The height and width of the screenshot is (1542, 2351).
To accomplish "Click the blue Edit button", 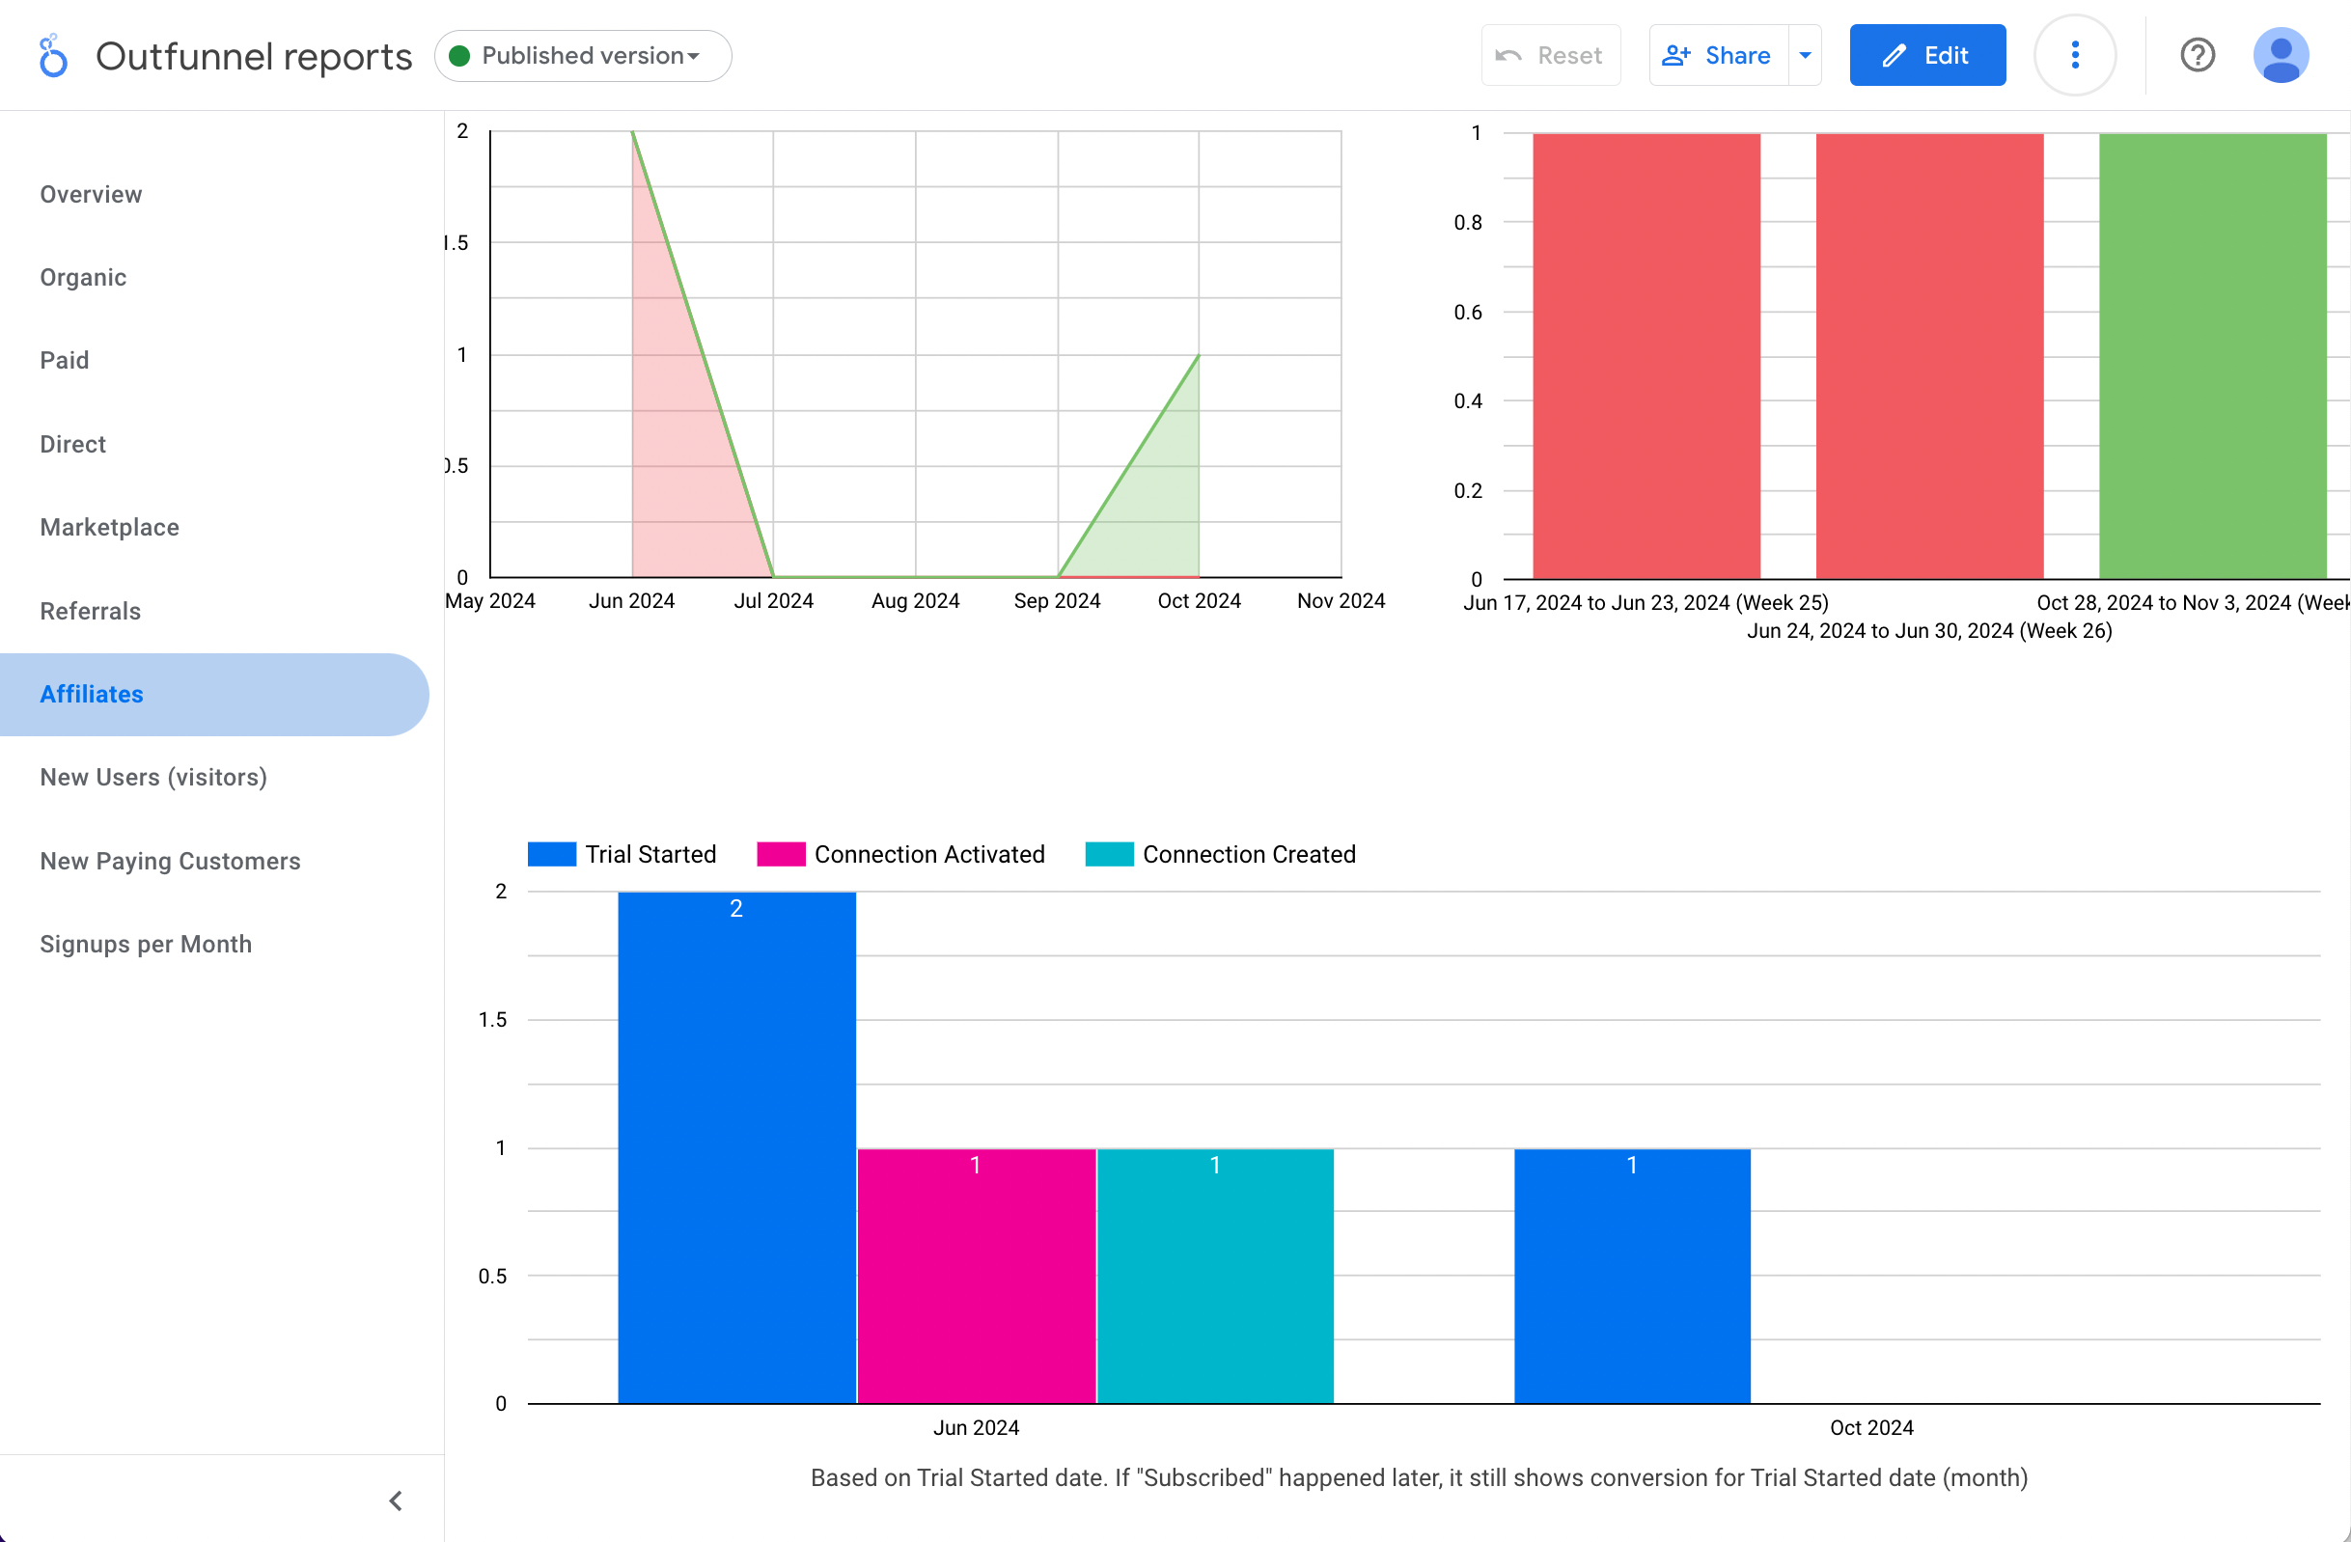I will (x=1926, y=55).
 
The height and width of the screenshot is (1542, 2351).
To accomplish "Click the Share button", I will (x=1719, y=55).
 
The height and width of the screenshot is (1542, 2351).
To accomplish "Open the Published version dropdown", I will (x=583, y=55).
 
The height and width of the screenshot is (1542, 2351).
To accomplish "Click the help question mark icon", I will (x=2197, y=55).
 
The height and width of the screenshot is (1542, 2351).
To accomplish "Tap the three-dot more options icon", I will (x=2074, y=55).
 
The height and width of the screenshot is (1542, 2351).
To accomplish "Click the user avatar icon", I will (x=2280, y=55).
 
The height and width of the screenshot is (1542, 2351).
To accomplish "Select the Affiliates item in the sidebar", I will (x=92, y=695).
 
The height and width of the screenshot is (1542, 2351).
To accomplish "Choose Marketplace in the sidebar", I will (x=110, y=528).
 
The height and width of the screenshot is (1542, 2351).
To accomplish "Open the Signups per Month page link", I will (x=145, y=945).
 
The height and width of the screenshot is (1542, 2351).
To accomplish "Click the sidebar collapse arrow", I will (x=395, y=1501).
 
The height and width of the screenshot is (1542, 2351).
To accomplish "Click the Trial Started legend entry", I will (x=622, y=855).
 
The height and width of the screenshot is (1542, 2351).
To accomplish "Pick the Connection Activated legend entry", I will (x=900, y=855).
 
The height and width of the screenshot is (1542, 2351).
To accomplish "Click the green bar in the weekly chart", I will (x=2213, y=356).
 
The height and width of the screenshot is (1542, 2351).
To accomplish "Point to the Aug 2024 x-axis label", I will (x=915, y=600).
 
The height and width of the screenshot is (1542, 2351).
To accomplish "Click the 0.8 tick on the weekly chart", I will (x=1468, y=222).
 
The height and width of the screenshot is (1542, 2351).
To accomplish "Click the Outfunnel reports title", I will (x=254, y=56).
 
